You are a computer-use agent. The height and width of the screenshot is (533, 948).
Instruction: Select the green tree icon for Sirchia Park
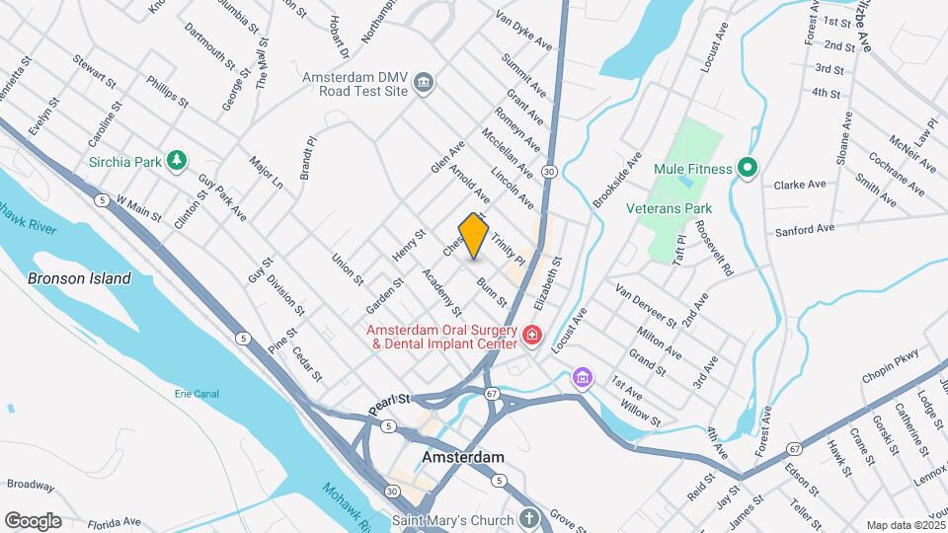tap(177, 159)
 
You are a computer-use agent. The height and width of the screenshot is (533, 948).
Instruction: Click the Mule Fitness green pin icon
tap(748, 168)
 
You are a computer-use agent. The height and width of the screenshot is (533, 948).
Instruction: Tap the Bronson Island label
tap(79, 278)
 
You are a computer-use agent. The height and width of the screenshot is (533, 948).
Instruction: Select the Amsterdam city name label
tap(463, 458)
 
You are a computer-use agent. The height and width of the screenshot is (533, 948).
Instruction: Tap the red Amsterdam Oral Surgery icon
tap(531, 337)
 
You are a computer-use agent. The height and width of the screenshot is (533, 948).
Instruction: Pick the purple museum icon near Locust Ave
tap(583, 377)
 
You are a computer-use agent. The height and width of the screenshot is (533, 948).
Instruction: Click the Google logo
tap(33, 521)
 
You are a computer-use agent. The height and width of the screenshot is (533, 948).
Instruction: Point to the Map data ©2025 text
tap(906, 525)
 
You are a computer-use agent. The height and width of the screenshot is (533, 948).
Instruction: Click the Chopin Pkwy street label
tap(891, 365)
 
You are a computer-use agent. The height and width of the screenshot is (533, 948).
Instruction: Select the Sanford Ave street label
tap(805, 229)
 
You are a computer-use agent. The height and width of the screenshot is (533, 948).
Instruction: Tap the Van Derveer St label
tap(645, 306)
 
